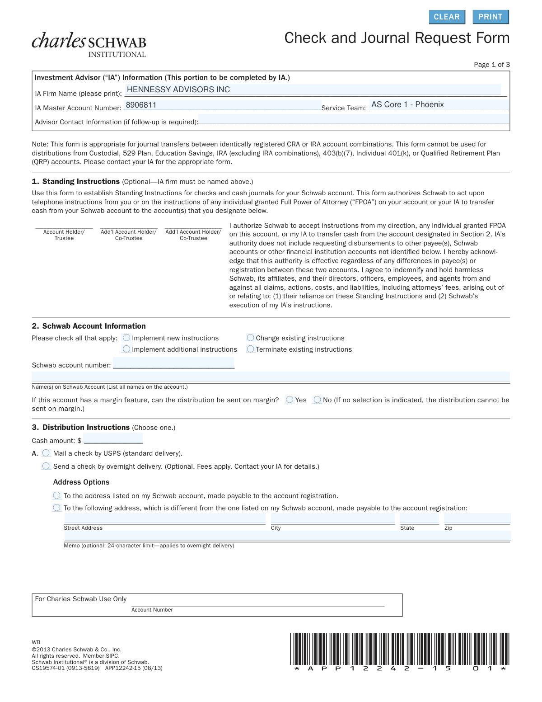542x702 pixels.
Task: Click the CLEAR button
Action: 446,17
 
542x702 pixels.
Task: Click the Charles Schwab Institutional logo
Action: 89,45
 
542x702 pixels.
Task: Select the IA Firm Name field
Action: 313,90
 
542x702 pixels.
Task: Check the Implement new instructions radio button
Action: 126,338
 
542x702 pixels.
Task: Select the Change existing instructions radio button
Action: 251,338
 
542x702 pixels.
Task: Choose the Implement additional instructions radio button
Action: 126,349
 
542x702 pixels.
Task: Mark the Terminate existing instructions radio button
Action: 251,349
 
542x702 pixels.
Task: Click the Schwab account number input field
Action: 173,363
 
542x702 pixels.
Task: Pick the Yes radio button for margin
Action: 290,400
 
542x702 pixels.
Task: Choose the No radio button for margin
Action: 318,400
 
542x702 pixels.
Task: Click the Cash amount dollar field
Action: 113,438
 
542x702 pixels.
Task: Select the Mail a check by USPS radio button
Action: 46,453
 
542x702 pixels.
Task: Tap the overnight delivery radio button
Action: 46,466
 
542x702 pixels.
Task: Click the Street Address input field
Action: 164,518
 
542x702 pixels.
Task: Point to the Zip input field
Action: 477,518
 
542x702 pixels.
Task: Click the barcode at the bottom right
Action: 399,651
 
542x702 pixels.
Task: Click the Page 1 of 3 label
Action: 491,65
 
